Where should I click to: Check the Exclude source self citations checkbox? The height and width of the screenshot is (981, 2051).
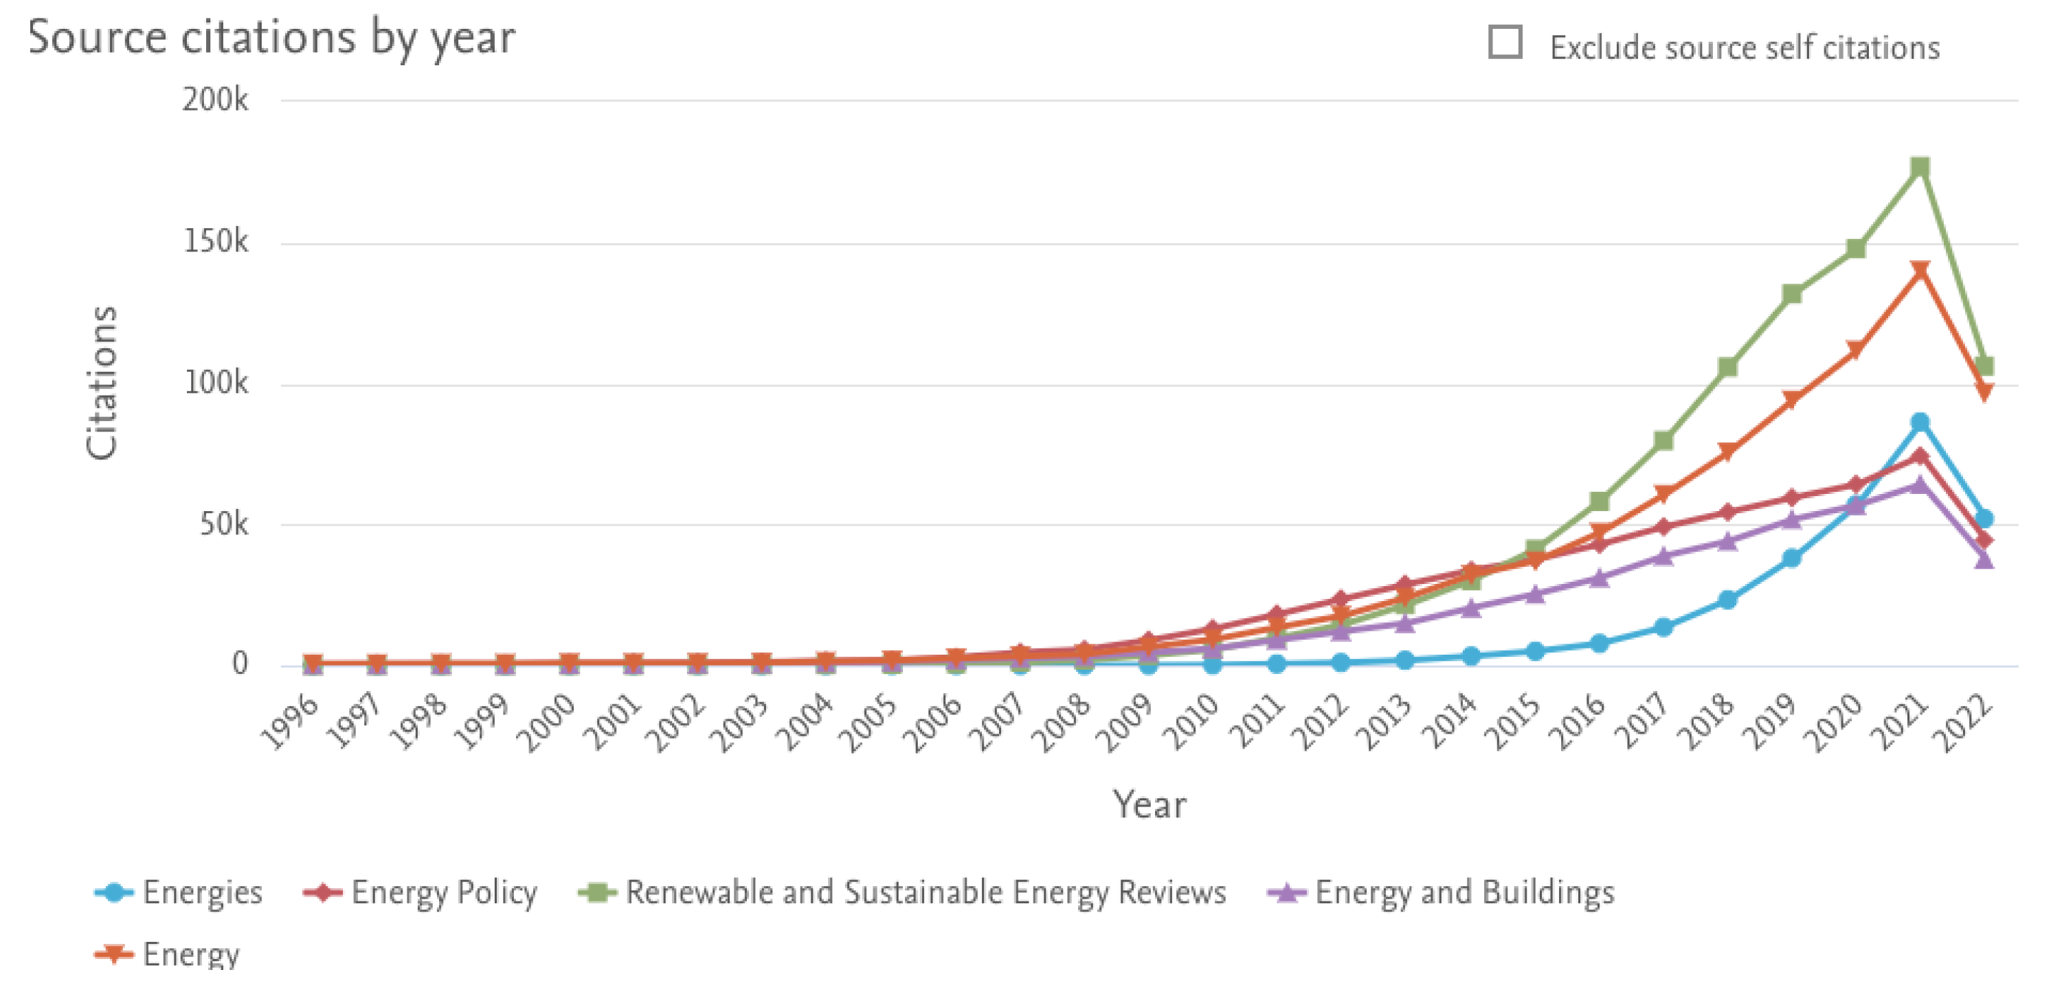coord(1505,42)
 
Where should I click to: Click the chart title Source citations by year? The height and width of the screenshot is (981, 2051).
coord(271,37)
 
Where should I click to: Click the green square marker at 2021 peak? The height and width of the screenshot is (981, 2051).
coord(1920,167)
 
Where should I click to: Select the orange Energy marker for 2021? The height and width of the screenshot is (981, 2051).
coord(1920,271)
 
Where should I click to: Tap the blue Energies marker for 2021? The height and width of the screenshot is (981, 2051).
coord(1920,421)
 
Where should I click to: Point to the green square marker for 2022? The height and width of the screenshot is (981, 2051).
coord(1984,366)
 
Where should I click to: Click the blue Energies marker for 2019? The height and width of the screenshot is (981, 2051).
coord(1791,559)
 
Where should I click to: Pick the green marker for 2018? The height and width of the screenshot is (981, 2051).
coord(1727,367)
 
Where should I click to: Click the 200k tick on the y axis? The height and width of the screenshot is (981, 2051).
coord(215,100)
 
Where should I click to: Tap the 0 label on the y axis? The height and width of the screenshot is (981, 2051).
coord(239,664)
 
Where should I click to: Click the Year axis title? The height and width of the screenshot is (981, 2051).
coord(1149,804)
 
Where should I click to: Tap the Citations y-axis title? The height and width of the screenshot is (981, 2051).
coord(102,382)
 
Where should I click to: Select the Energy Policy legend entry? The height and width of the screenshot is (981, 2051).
coord(421,892)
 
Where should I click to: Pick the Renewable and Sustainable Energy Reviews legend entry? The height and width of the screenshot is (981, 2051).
coord(903,892)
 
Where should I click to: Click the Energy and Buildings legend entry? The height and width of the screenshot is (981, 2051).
coord(1441,892)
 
